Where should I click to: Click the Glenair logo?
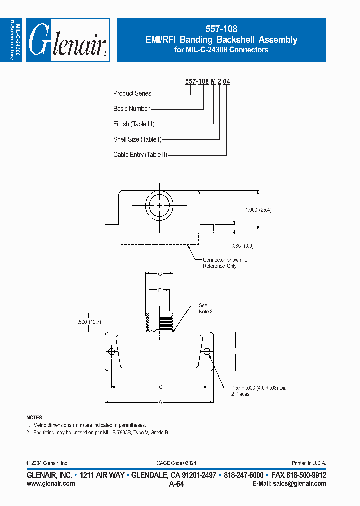[68, 40]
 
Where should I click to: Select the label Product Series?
[132, 93]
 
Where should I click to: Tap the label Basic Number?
[131, 109]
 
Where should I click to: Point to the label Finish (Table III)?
[133, 124]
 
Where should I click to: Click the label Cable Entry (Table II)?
[140, 155]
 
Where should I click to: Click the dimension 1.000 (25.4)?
[258, 210]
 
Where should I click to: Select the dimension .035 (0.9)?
[244, 246]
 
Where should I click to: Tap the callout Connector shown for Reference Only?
[226, 263]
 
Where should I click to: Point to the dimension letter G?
[159, 274]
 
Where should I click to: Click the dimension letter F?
[159, 290]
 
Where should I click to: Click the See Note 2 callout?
[205, 308]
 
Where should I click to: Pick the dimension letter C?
[160, 387]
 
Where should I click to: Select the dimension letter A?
[160, 401]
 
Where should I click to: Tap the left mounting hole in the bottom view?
[111, 352]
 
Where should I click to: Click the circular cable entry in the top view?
[159, 206]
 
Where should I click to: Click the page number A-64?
[176, 484]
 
